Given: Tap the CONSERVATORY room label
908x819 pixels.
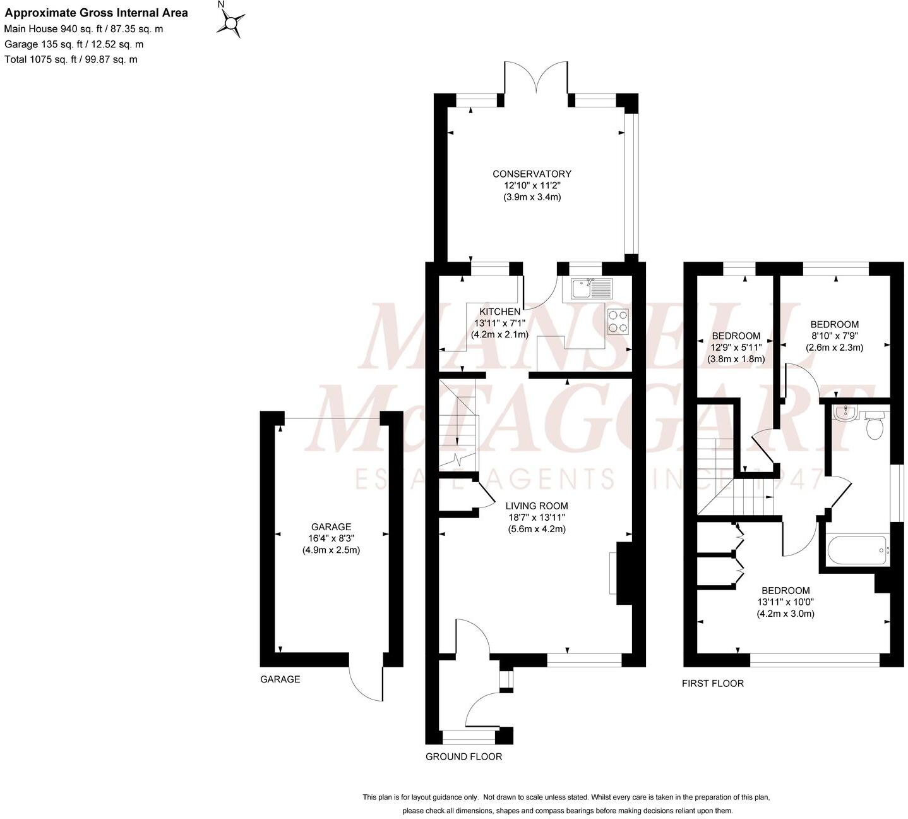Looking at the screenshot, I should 532,174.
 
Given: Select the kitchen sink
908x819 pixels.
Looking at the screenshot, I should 591,288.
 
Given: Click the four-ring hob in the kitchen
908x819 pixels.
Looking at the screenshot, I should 618,322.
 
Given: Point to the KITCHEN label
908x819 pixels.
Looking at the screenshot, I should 499,312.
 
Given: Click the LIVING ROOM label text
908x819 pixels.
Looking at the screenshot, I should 537,506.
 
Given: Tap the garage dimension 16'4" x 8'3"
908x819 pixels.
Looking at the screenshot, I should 331,538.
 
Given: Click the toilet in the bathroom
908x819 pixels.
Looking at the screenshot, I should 875,427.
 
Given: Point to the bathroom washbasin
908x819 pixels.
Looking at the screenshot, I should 844,414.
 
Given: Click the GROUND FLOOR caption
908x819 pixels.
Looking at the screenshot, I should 463,756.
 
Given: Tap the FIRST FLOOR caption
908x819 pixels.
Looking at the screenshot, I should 712,683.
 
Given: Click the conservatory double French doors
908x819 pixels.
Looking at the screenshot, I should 536,78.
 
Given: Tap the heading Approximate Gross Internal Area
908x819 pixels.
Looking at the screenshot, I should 97,13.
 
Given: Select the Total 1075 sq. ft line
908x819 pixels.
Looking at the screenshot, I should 71,59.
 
